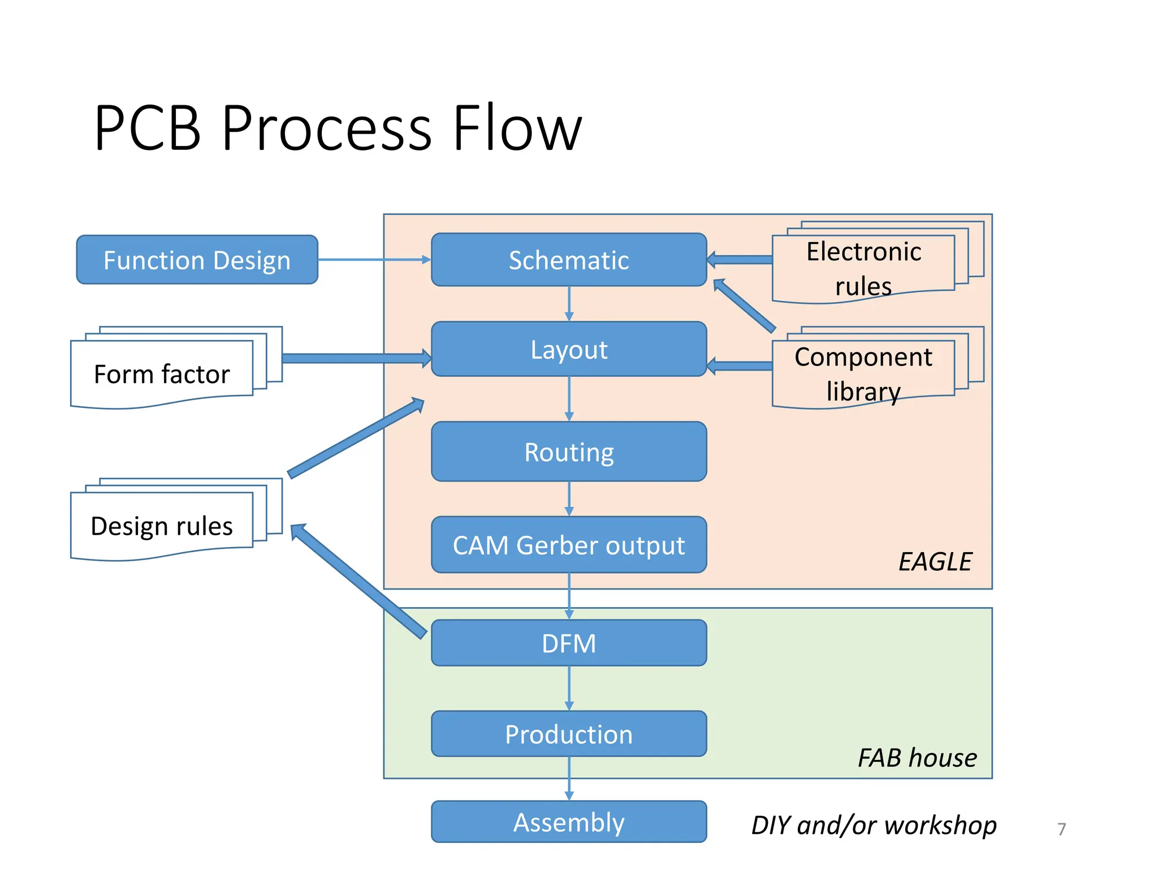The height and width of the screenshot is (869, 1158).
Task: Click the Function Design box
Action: [x=197, y=260]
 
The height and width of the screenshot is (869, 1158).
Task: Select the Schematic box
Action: [x=568, y=260]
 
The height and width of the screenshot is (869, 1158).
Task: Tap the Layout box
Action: [x=568, y=349]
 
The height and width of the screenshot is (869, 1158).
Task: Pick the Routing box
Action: [x=568, y=451]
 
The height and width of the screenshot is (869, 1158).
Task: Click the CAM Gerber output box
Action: [x=568, y=545]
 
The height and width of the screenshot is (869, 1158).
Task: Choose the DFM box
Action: [x=568, y=643]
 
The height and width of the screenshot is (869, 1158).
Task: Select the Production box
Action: [x=568, y=734]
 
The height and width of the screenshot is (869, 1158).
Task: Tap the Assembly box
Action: [x=568, y=821]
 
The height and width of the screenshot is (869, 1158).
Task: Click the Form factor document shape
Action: [x=162, y=373]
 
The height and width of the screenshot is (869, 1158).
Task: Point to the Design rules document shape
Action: [x=162, y=526]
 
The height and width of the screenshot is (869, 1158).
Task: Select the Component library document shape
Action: [x=863, y=373]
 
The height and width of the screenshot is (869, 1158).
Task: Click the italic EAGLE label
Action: [x=935, y=561]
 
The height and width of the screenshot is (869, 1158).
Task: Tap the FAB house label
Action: [x=917, y=758]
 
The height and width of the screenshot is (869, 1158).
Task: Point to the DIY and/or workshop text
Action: [x=874, y=825]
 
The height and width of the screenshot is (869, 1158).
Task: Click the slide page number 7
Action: [x=1061, y=829]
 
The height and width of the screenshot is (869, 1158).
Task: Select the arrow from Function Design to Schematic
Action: [x=373, y=260]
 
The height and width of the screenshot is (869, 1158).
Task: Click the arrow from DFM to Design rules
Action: [x=358, y=582]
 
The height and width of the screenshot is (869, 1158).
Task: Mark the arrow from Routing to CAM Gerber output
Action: [x=569, y=498]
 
